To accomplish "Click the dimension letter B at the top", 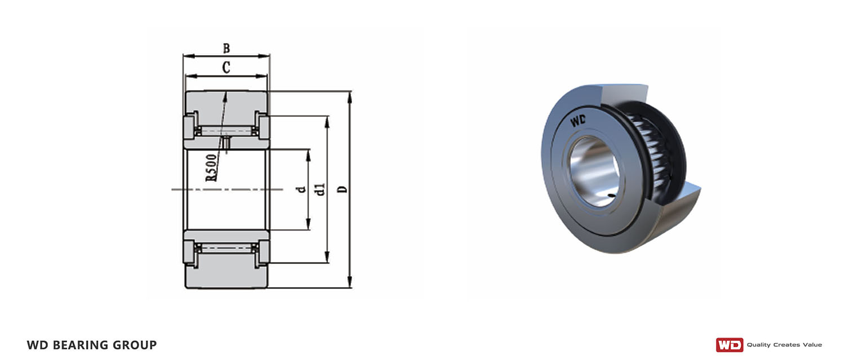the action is pyautogui.click(x=226, y=48).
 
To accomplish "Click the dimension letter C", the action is pyautogui.click(x=226, y=68).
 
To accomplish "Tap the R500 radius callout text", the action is pyautogui.click(x=211, y=168).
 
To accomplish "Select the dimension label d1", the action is pyautogui.click(x=321, y=189).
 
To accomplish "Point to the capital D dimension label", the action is pyautogui.click(x=342, y=189).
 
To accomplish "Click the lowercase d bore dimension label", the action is pyautogui.click(x=301, y=189).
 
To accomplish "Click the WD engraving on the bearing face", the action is pyautogui.click(x=577, y=121).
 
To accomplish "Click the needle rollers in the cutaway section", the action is pyautogui.click(x=650, y=151).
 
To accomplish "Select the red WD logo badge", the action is pyautogui.click(x=730, y=345).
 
